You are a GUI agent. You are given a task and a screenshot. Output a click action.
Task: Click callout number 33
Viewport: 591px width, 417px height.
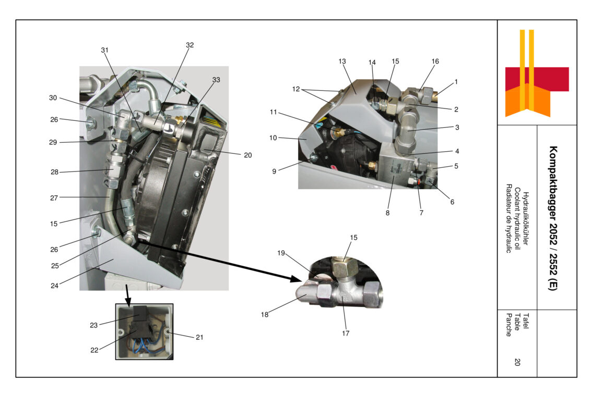click(x=216, y=79)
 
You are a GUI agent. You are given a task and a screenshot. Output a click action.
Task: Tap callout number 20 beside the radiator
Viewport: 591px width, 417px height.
click(x=247, y=155)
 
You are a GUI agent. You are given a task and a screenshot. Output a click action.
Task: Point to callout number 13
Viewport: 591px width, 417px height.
click(x=342, y=61)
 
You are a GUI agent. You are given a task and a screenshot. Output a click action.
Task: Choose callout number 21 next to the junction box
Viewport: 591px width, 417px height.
click(x=199, y=337)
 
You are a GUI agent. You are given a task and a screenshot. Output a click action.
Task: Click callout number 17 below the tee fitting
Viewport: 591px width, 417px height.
click(x=345, y=333)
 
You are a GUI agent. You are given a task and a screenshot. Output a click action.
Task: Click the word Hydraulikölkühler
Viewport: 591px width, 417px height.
click(x=526, y=219)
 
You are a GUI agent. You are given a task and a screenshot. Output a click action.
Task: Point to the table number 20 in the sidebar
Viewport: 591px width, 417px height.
click(x=517, y=362)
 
